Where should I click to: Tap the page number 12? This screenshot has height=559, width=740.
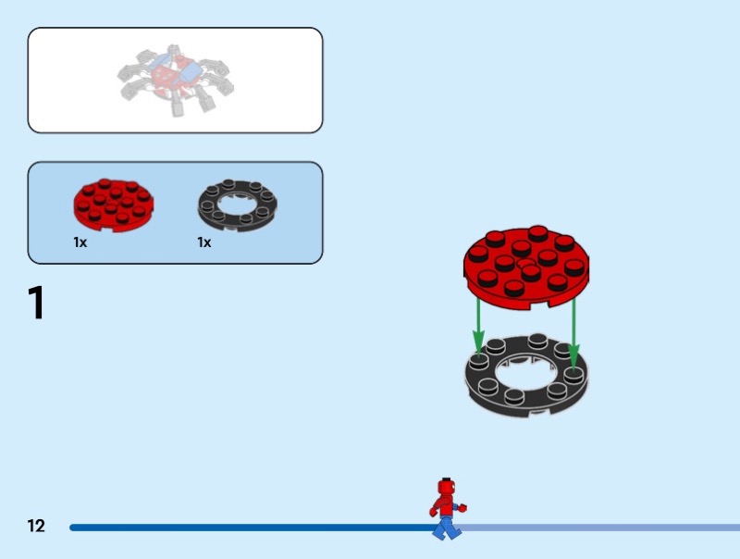[x=36, y=526]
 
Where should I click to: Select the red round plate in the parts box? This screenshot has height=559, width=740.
[x=113, y=205]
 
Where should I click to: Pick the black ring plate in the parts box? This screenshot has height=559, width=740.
[x=238, y=205]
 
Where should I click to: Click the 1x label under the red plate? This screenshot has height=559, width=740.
[x=80, y=242]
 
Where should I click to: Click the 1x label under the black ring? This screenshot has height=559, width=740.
[x=204, y=242]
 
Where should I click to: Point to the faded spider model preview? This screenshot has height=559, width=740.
[x=175, y=80]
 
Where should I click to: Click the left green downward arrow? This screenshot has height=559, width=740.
[x=478, y=327]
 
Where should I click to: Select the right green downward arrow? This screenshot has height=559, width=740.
[x=573, y=333]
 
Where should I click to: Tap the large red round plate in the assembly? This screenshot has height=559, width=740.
[x=526, y=267]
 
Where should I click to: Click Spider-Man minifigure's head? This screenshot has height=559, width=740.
[x=447, y=487]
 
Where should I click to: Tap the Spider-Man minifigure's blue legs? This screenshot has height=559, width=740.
[x=446, y=528]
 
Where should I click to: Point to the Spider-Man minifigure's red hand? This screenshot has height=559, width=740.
[x=462, y=508]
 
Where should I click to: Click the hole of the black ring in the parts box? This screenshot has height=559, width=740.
[x=238, y=204]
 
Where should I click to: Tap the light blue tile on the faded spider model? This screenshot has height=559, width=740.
[x=191, y=72]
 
